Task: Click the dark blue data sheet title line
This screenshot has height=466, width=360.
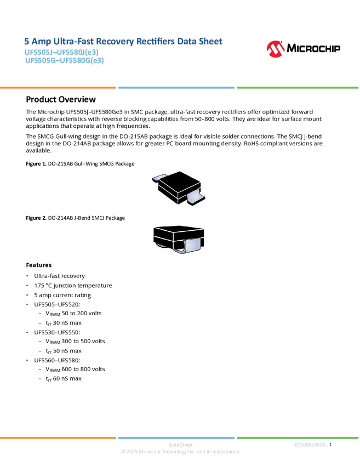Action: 123,42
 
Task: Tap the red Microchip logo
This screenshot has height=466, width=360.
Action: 275,50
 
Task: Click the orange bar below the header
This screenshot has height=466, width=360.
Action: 58,88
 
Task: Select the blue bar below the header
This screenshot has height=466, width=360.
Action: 176,88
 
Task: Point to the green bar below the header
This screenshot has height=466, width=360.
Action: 298,88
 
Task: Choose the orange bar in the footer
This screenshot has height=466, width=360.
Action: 58,437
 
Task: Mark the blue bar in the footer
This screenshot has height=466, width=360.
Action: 176,437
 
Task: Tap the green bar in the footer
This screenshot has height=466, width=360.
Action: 298,437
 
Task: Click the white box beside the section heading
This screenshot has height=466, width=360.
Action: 13,99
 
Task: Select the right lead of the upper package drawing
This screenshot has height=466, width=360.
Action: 196,196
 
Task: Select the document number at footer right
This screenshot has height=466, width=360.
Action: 311,445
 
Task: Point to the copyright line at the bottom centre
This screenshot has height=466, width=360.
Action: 180,452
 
